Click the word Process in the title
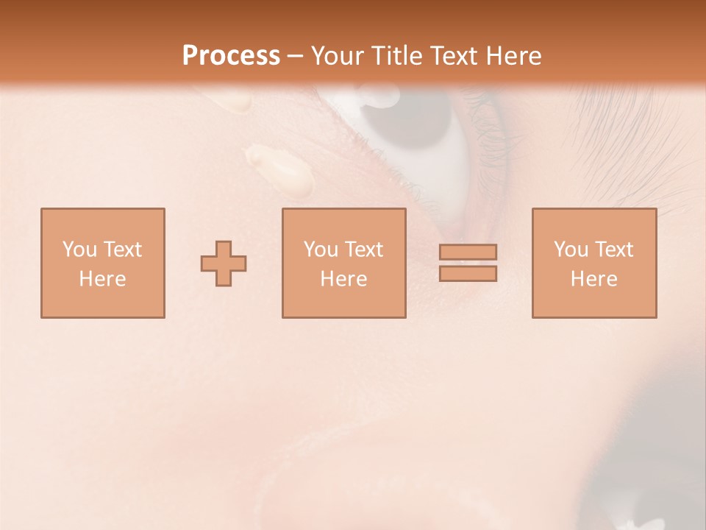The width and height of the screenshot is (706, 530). [231, 56]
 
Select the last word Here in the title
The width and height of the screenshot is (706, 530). [515, 56]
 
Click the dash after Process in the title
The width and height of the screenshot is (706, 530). [295, 57]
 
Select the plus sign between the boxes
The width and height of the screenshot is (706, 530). [224, 264]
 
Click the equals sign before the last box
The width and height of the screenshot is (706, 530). [468, 263]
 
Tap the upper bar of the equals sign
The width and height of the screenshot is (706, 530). [468, 252]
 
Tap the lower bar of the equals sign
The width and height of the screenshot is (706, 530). [468, 274]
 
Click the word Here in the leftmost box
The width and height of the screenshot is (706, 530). [102, 279]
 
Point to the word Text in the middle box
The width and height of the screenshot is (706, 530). [364, 250]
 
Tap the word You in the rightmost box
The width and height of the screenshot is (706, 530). [571, 250]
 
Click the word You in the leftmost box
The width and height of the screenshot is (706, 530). [79, 250]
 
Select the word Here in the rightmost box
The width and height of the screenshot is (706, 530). [593, 279]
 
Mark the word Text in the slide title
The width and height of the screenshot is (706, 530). [453, 56]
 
